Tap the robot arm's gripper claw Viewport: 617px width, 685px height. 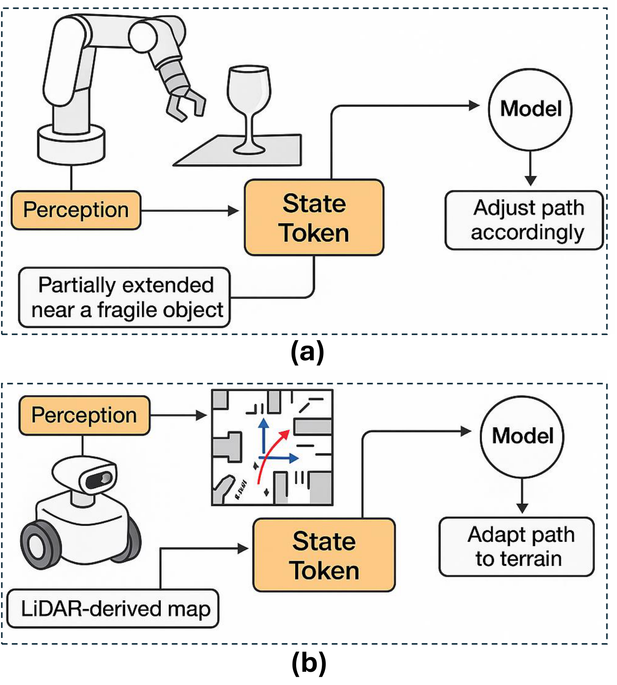pos(185,103)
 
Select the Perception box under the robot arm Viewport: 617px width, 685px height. pos(76,210)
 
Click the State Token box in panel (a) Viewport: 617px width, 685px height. pos(314,217)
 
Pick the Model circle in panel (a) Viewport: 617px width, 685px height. pos(530,109)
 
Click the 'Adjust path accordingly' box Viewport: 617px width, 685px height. pos(524,220)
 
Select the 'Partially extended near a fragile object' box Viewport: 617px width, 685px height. pos(124,297)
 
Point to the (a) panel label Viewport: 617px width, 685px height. pos(308,352)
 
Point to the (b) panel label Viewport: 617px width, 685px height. pos(308,663)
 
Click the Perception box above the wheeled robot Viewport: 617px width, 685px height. pos(84,415)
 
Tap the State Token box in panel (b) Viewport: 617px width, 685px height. pos(324,555)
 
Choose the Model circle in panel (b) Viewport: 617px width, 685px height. pos(522,436)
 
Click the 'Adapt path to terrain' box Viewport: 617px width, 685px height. pos(517,547)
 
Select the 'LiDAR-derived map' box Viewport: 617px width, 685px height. pos(113,609)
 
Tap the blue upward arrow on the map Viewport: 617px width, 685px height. pos(263,436)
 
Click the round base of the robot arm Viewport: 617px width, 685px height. pos(71,144)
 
